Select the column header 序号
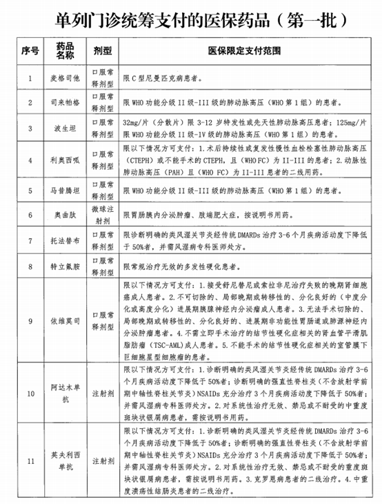[x=28, y=52]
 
